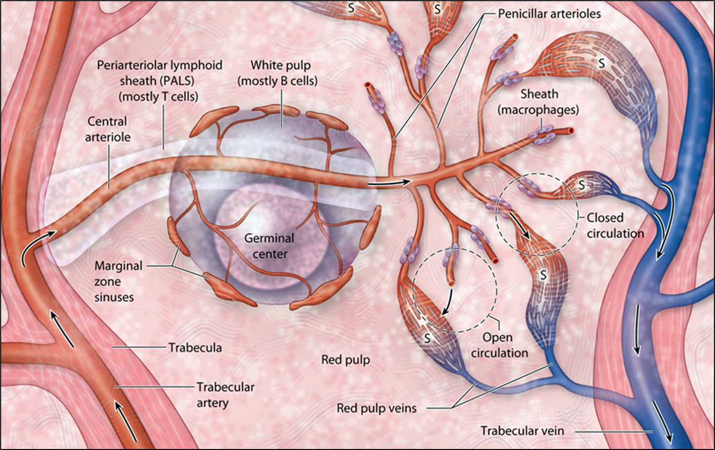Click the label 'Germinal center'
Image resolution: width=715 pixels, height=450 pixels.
tap(269, 246)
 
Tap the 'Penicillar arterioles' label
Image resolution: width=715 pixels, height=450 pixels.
tap(549, 13)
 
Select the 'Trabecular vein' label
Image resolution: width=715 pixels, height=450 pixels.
tap(522, 431)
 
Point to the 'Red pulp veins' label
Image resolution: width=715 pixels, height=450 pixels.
tap(377, 409)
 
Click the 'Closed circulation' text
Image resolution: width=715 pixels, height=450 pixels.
tap(615, 225)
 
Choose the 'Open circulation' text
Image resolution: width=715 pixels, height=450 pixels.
tap(499, 345)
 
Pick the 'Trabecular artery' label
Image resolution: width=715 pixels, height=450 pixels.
tap(225, 395)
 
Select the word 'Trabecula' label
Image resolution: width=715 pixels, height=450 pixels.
tap(195, 347)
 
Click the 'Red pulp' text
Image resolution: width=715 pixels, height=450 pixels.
tap(345, 360)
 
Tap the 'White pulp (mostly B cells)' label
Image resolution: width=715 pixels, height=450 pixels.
tap(278, 73)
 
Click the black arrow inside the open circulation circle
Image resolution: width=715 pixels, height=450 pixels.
tap(449, 302)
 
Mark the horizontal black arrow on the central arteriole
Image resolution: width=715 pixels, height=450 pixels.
tap(390, 182)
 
